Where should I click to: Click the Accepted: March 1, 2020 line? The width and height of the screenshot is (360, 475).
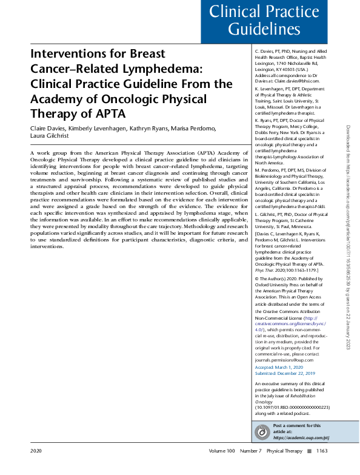pyautogui.click(x=279, y=368)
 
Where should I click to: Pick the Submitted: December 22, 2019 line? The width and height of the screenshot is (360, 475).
pyautogui.click(x=285, y=374)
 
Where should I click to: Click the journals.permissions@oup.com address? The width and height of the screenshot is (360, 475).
pyautogui.click(x=285, y=360)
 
